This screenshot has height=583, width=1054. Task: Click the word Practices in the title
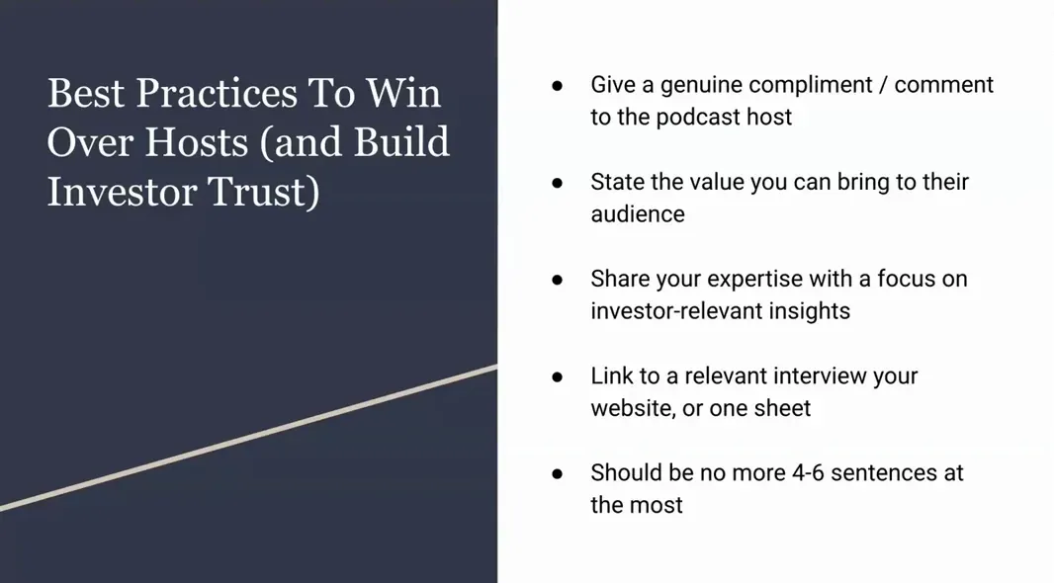tap(217, 94)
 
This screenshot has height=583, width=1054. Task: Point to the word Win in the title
tap(403, 94)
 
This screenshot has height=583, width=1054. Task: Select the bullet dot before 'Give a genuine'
tap(558, 86)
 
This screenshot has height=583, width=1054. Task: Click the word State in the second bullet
tap(618, 182)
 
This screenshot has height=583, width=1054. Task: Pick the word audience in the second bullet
tap(638, 213)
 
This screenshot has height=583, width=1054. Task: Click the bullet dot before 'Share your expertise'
tap(558, 280)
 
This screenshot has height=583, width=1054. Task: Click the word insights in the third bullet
tap(808, 310)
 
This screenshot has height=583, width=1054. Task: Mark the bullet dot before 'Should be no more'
tap(558, 473)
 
